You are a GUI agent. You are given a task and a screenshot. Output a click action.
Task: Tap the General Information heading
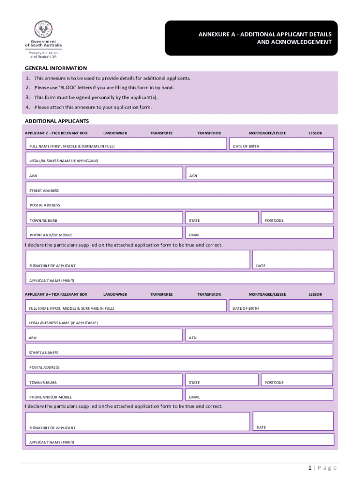point(55,68)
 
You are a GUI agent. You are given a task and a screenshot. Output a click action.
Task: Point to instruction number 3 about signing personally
point(96,97)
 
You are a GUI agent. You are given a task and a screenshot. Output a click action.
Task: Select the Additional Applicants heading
point(56,121)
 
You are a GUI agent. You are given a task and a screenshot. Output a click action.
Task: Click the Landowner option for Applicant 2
point(115,133)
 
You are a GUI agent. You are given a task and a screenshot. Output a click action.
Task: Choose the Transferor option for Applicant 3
point(209,294)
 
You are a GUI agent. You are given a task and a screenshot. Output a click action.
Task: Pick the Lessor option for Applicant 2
point(315,133)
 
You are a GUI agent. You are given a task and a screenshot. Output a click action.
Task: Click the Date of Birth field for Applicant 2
point(281,144)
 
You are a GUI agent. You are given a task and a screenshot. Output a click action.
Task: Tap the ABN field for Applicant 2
point(104,173)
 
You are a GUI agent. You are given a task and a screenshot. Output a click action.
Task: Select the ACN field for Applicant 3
point(259,335)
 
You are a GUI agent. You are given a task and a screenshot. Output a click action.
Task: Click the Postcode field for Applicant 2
point(296,218)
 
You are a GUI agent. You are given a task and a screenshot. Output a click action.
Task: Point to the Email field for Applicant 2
point(259,232)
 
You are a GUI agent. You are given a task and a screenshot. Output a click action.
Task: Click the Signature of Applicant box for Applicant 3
point(137,421)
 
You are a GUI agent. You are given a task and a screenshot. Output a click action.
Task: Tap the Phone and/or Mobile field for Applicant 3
point(104,394)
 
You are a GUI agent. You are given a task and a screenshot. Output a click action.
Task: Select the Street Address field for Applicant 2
point(179,188)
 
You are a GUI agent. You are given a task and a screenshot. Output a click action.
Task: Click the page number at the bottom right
point(322,468)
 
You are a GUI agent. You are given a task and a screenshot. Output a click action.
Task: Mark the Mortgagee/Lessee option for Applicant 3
point(267,294)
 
